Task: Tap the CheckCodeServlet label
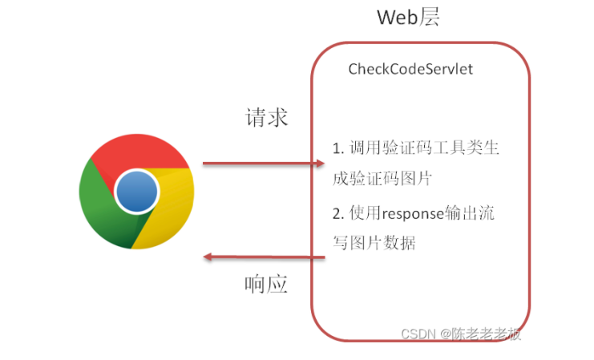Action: [410, 70]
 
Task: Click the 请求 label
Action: [266, 118]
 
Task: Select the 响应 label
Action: [266, 285]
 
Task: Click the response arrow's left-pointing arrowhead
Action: [208, 257]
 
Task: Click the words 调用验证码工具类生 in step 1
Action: [425, 148]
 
